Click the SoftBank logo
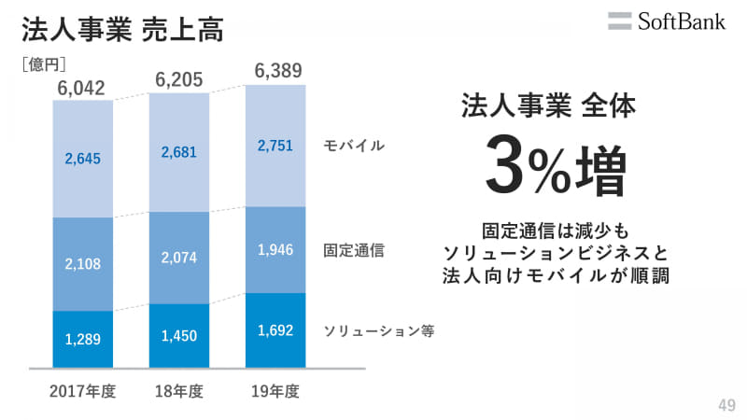click(x=666, y=21)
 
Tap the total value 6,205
click(x=179, y=80)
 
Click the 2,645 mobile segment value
click(x=83, y=158)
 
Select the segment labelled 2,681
click(x=179, y=152)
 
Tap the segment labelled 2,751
click(x=275, y=146)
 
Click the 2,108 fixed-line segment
click(x=83, y=264)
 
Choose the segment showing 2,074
click(x=179, y=258)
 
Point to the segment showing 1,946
click(x=275, y=249)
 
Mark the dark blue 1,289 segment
click(x=83, y=339)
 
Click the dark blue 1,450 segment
click(x=179, y=335)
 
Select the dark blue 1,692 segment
click(x=275, y=329)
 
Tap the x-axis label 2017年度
click(x=83, y=392)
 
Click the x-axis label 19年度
click(x=275, y=392)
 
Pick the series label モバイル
click(x=354, y=146)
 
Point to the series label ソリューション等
click(x=379, y=330)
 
